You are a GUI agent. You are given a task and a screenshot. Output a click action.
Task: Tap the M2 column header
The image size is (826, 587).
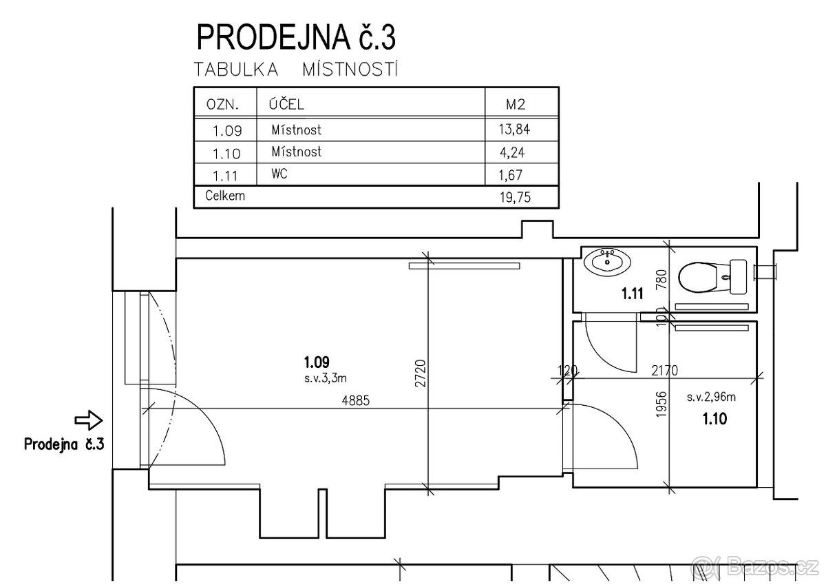pos(516,105)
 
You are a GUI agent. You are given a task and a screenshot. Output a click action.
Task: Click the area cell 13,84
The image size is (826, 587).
pos(516,128)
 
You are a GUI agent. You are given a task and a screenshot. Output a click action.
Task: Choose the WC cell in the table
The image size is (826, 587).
pos(279,174)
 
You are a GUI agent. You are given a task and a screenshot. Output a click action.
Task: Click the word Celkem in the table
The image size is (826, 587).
pos(226,196)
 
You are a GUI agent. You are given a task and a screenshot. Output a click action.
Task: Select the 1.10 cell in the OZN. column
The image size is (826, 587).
pos(225,152)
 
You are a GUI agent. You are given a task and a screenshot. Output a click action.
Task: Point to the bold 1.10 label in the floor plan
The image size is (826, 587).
pos(714,418)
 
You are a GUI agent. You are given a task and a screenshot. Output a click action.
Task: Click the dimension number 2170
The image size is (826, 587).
pos(664,371)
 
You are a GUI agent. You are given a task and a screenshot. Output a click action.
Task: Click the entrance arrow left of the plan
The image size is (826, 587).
pos(87,420)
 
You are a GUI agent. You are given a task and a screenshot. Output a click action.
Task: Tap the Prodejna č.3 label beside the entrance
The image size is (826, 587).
pos(63,443)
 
